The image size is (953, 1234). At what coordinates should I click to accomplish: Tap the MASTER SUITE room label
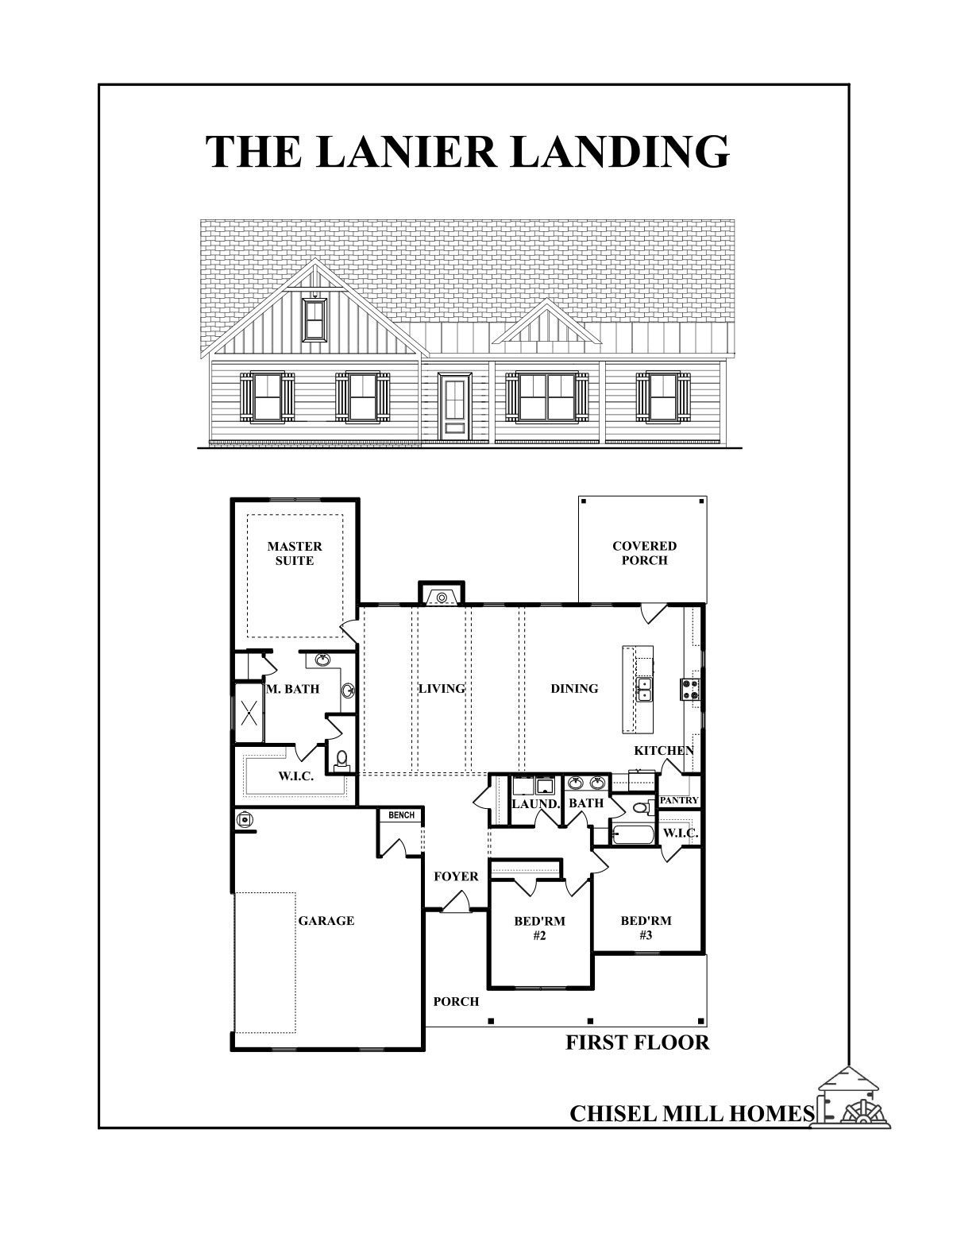click(x=295, y=553)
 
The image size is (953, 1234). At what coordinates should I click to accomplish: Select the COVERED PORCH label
click(x=644, y=553)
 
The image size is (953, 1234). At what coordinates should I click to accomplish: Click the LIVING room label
click(x=442, y=688)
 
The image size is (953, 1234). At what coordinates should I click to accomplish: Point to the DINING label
click(x=574, y=688)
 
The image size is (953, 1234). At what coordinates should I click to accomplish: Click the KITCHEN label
click(x=664, y=750)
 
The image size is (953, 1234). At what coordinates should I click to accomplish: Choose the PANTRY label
click(x=679, y=800)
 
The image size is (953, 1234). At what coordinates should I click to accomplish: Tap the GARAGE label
click(x=326, y=921)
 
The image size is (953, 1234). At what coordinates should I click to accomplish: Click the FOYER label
click(x=456, y=876)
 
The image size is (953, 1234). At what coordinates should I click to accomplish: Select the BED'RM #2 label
click(x=539, y=928)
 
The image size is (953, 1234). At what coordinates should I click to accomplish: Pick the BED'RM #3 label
click(x=646, y=927)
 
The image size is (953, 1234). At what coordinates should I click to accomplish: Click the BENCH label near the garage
click(x=401, y=815)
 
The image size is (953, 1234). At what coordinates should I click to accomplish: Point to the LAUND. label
click(x=536, y=803)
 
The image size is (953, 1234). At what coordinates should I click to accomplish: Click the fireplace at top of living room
click(x=440, y=594)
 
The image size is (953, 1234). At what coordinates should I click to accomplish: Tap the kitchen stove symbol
click(x=690, y=689)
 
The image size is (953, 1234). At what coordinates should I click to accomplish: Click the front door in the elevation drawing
click(x=455, y=405)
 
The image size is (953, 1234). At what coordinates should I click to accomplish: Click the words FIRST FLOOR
click(x=637, y=1043)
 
